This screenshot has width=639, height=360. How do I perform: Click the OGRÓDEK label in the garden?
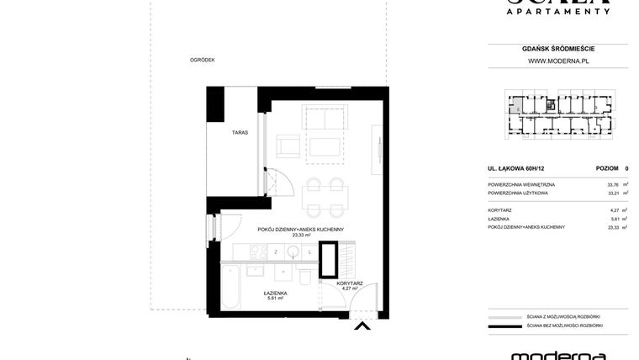point(203,60)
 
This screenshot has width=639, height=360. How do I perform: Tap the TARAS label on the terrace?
point(240,133)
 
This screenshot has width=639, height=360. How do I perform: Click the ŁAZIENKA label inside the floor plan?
point(275,294)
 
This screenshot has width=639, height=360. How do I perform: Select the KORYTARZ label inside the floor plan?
point(349,283)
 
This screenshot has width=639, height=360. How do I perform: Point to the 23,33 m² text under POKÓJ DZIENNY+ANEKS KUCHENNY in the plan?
point(301,236)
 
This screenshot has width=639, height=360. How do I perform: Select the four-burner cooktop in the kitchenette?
point(257,251)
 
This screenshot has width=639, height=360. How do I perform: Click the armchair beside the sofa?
point(288,146)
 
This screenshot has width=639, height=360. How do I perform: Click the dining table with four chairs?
point(324,198)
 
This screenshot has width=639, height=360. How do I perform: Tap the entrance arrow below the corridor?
point(362,326)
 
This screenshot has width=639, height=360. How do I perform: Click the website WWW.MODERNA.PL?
point(557,61)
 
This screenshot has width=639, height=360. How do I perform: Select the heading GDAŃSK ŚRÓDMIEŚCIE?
point(557,49)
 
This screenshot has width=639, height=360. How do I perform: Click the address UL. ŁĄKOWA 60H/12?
point(515,168)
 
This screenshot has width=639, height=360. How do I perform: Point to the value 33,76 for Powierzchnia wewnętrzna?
point(612,184)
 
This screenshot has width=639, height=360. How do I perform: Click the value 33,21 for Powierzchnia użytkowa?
point(612,193)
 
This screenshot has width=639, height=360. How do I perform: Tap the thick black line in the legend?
point(504,326)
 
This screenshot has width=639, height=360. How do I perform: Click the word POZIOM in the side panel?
point(607,168)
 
